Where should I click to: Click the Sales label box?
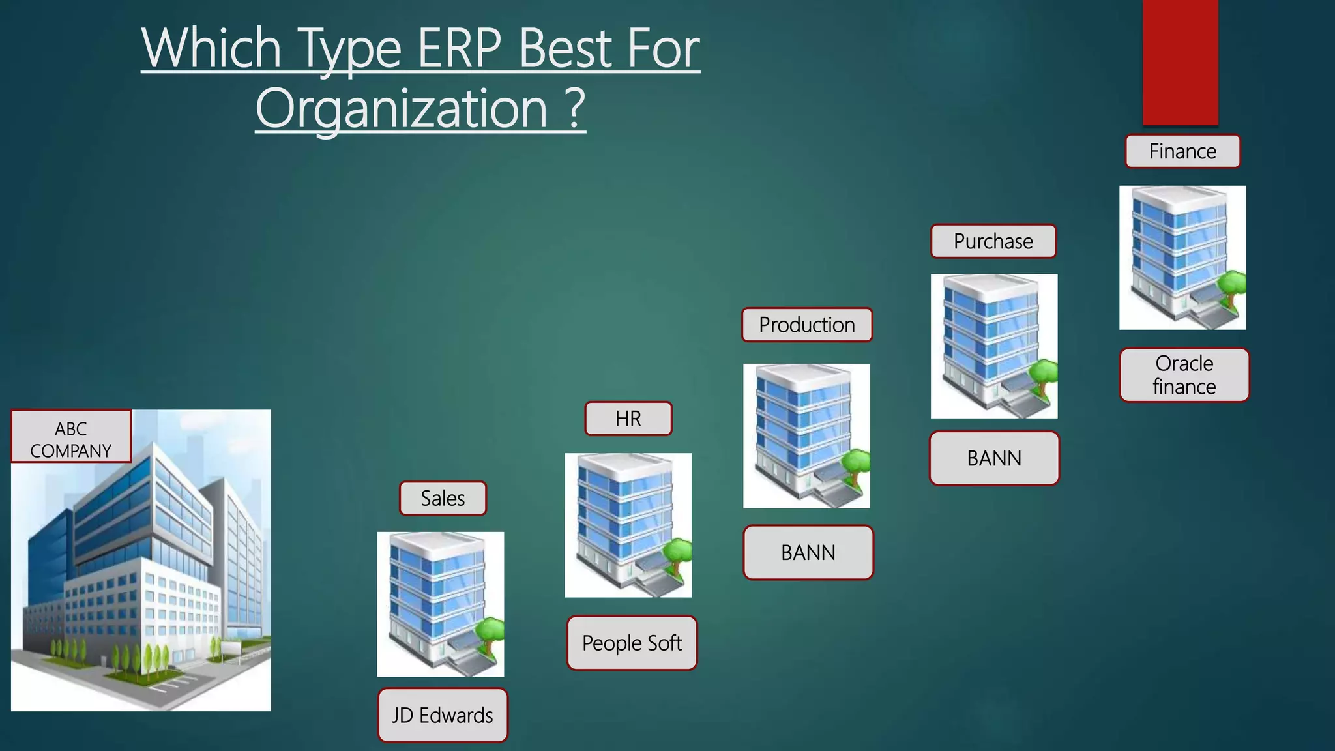pos(443,499)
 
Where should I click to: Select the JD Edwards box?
pos(443,715)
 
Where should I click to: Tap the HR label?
pos(628,419)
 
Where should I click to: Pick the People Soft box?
pos(632,643)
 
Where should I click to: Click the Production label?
pos(806,325)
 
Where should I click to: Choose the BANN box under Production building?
pos(808,553)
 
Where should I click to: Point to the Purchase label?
pos(993,241)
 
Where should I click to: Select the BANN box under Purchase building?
pos(994,458)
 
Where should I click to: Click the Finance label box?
pos(1182,151)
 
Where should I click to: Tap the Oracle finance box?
pos(1184,375)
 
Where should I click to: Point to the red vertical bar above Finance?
pos(1180,62)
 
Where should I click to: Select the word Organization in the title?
pos(402,109)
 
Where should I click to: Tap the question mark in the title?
pos(575,109)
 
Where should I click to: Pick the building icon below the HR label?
pos(628,525)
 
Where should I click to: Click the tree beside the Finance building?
pos(1232,287)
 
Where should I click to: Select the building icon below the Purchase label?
pos(993,346)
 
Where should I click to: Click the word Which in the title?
pos(211,49)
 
